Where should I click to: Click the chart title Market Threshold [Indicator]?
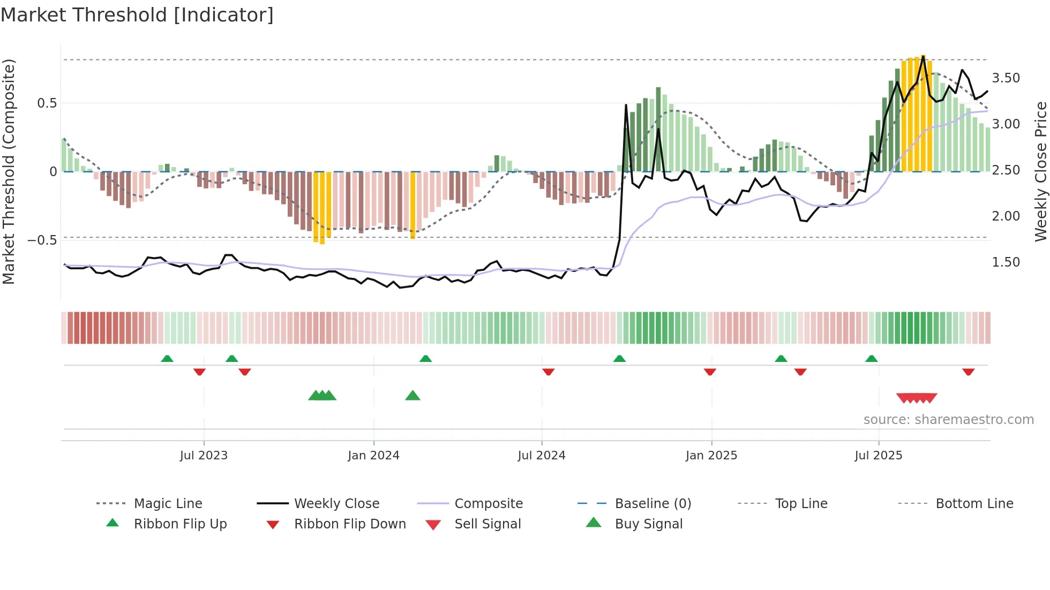point(137,15)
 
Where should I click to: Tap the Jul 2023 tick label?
point(204,456)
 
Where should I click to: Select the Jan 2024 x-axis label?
point(373,456)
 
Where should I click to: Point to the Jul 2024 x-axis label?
point(542,456)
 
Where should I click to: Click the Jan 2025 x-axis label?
point(711,456)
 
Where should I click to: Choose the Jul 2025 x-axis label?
point(879,456)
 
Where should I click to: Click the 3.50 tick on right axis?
point(1006,78)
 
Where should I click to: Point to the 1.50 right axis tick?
point(1006,262)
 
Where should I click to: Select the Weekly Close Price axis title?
point(1040,171)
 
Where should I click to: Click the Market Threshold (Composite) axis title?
point(9,171)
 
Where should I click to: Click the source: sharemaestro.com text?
point(948,420)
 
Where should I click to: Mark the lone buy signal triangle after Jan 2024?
point(412,396)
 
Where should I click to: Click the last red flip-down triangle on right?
point(968,372)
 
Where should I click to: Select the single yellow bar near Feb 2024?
point(413,205)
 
